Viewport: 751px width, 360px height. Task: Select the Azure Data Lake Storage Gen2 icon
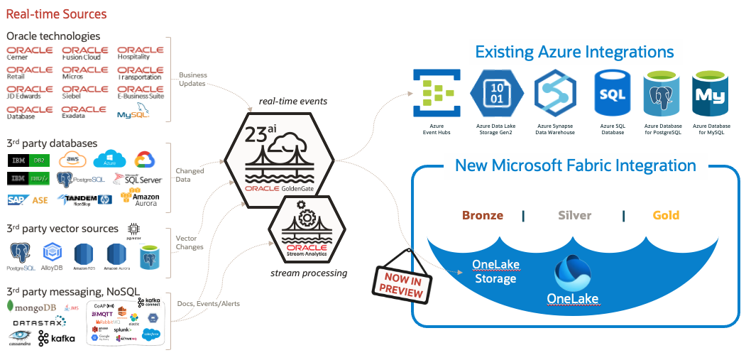pos(496,93)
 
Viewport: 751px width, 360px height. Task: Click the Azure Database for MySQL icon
pos(711,93)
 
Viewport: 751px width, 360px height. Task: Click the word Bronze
pos(483,215)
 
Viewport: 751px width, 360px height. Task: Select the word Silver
pos(574,215)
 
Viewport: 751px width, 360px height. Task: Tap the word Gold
pos(665,215)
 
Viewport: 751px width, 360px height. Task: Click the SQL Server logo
pos(138,180)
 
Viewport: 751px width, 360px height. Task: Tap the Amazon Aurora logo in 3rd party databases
pos(141,199)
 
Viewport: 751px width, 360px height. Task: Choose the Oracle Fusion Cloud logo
pos(84,53)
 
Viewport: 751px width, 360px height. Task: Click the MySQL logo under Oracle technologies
pos(133,114)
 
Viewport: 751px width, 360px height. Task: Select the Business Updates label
pos(192,79)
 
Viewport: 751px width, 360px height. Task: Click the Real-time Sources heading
pos(56,14)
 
